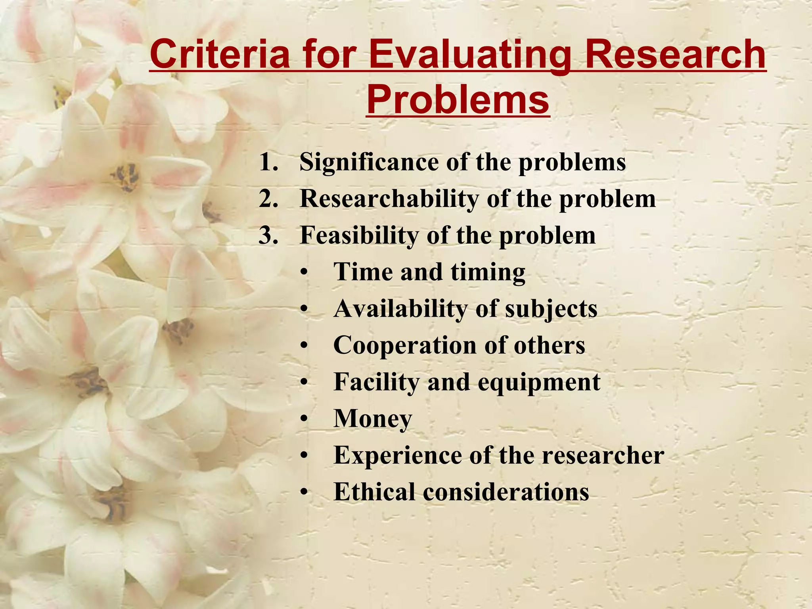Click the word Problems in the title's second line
click(x=458, y=99)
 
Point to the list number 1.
click(x=268, y=162)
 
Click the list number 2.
click(x=268, y=198)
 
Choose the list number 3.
click(x=268, y=235)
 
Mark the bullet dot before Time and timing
click(x=304, y=273)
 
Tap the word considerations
click(x=506, y=492)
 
